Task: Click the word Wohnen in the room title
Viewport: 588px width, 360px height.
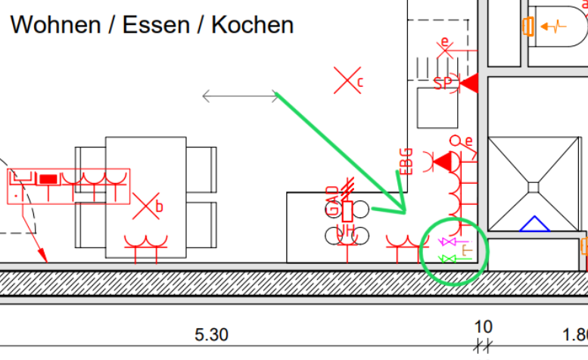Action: [x=55, y=24]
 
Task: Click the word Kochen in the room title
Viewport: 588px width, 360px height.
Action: [x=252, y=24]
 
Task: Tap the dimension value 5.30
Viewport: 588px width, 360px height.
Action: [x=211, y=334]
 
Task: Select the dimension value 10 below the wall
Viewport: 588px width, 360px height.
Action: [x=483, y=327]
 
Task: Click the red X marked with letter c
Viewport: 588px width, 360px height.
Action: [x=347, y=79]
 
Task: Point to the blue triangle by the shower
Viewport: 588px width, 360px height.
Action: [x=534, y=223]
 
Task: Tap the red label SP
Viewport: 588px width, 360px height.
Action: [x=443, y=83]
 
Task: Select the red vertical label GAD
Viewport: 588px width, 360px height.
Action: [x=333, y=200]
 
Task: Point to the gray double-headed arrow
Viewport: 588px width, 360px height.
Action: [x=241, y=96]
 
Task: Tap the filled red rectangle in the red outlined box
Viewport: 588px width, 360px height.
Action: [x=48, y=179]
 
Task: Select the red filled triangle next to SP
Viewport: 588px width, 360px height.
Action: [x=469, y=83]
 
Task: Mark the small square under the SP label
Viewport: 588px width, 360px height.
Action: [x=438, y=108]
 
